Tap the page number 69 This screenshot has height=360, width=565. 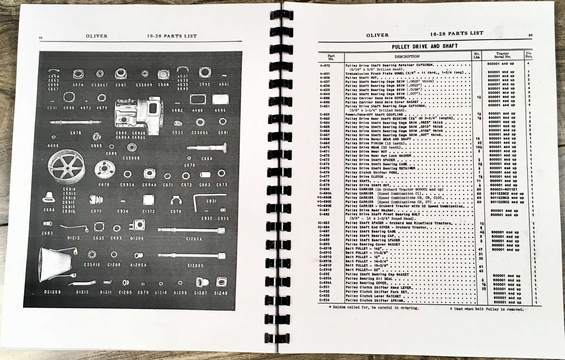coord(530,35)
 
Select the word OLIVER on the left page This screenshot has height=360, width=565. coord(96,36)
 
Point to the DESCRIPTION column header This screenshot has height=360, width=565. coord(407,56)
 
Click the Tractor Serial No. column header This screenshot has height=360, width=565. coord(502,55)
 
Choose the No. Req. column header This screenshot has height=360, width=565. coord(529,55)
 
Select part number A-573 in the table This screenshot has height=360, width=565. coord(324,65)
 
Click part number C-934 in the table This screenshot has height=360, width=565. coord(324,300)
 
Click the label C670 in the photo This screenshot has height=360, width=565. coord(104,185)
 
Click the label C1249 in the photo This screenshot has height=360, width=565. coord(221,293)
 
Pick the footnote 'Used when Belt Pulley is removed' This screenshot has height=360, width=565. coord(487,309)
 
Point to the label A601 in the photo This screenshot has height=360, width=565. coord(224,85)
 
